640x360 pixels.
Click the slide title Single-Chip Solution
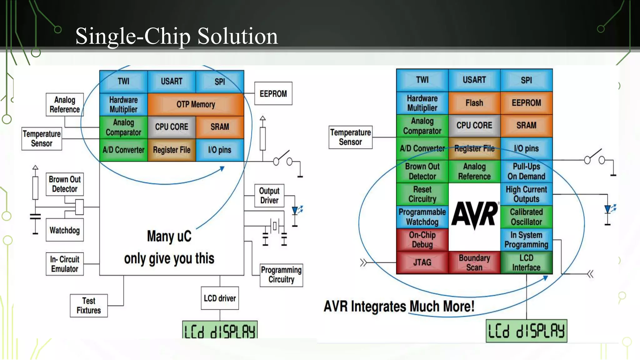pos(177,36)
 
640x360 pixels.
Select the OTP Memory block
pos(196,104)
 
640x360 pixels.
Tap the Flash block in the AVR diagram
pos(474,103)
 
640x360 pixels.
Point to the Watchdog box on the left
pos(65,230)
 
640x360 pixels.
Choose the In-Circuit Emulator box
pos(65,264)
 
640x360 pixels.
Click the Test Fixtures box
pos(89,306)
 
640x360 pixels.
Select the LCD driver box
pos(220,298)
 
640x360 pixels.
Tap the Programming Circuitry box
pos(281,275)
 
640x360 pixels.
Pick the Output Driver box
pos(269,196)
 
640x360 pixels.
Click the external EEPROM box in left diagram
pos(273,94)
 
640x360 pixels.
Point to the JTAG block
pos(422,262)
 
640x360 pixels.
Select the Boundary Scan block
pos(474,262)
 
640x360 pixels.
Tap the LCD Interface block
pos(526,262)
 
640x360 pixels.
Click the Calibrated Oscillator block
pos(526,217)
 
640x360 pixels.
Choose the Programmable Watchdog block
pos(422,217)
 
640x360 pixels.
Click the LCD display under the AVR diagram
pos(526,331)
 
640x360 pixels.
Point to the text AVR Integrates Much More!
pos(399,306)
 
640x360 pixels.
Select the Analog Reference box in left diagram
pos(65,105)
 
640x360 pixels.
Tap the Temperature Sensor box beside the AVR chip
pos(350,137)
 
